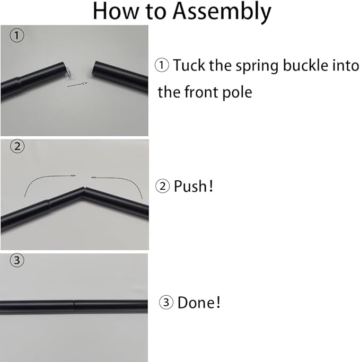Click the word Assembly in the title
tap(222, 12)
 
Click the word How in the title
tap(116, 11)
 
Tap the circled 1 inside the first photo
tap(16, 36)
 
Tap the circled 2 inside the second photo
tap(17, 146)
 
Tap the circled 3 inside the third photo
tap(17, 260)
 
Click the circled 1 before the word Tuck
tap(162, 65)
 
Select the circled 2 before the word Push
tap(163, 186)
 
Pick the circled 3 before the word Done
tap(166, 302)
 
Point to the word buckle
tap(306, 65)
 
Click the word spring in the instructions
tap(257, 66)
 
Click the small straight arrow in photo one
tap(77, 84)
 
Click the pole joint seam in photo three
tap(74, 306)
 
